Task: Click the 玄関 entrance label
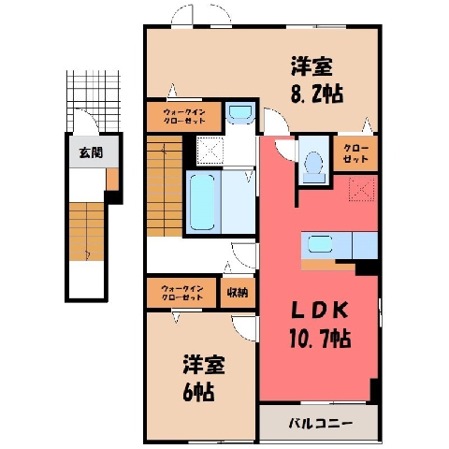point(91,153)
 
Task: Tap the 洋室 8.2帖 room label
point(316,80)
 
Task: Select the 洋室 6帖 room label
point(203,377)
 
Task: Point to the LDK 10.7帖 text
point(320,326)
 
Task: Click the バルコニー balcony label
point(320,423)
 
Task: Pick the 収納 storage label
point(238,293)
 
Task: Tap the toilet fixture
point(313,166)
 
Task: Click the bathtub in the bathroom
point(202,202)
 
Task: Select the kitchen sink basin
point(320,244)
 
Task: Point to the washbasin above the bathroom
point(239,112)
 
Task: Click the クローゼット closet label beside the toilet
point(355,153)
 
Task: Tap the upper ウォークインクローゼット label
point(184,116)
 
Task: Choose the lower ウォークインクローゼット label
point(182,293)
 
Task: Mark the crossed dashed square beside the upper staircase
point(210,151)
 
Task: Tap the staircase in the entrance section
point(86,231)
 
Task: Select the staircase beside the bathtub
point(165,186)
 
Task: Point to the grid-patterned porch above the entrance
point(94,101)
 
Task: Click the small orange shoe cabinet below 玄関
point(112,180)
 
